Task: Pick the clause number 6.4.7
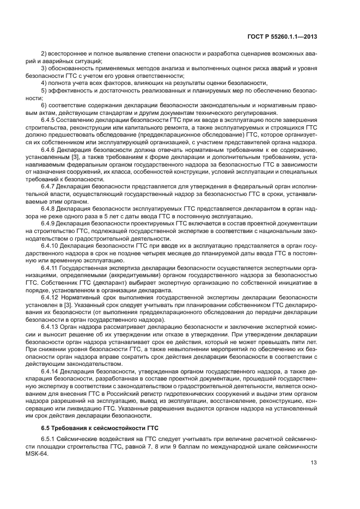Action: click(x=50, y=185)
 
